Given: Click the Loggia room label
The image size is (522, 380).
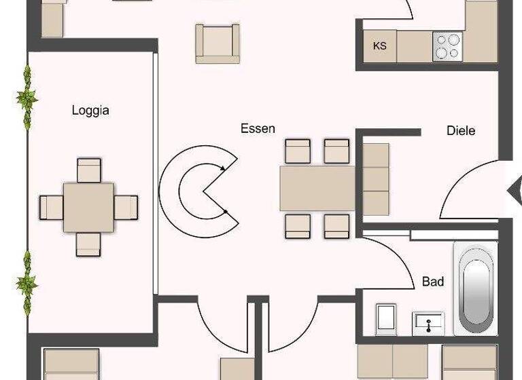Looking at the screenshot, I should pos(90,111).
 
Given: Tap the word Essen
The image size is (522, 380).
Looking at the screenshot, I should pos(258,128).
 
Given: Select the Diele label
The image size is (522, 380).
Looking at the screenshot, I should pos(461,130).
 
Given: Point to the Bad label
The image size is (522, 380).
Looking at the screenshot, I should pos(433,281).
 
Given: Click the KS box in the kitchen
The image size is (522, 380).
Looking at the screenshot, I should pos(380,46).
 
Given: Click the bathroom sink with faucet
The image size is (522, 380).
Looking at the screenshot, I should pos(428,323).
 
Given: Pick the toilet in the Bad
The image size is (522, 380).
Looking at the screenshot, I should pos(386,318).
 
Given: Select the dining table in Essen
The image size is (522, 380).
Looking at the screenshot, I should pos(317,188).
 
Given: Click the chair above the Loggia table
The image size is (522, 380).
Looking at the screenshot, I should pos(89,170).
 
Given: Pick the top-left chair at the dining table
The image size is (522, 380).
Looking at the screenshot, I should pos(298,151).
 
